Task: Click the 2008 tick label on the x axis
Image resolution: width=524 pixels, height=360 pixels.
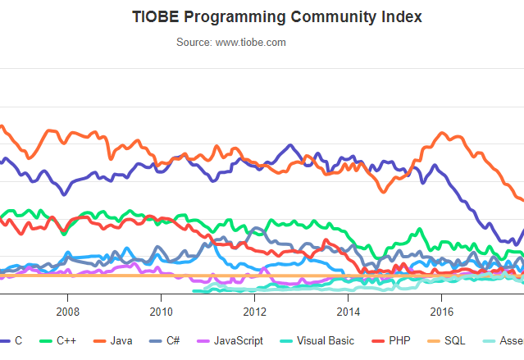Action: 67,312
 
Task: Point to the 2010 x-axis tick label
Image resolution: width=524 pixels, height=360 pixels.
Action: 161,312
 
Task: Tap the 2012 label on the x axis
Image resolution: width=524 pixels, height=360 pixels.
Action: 255,312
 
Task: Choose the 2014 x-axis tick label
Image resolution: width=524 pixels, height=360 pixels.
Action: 349,312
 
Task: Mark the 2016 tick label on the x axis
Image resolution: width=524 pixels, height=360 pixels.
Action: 442,312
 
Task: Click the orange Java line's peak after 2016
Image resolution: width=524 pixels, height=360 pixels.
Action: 444,133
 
